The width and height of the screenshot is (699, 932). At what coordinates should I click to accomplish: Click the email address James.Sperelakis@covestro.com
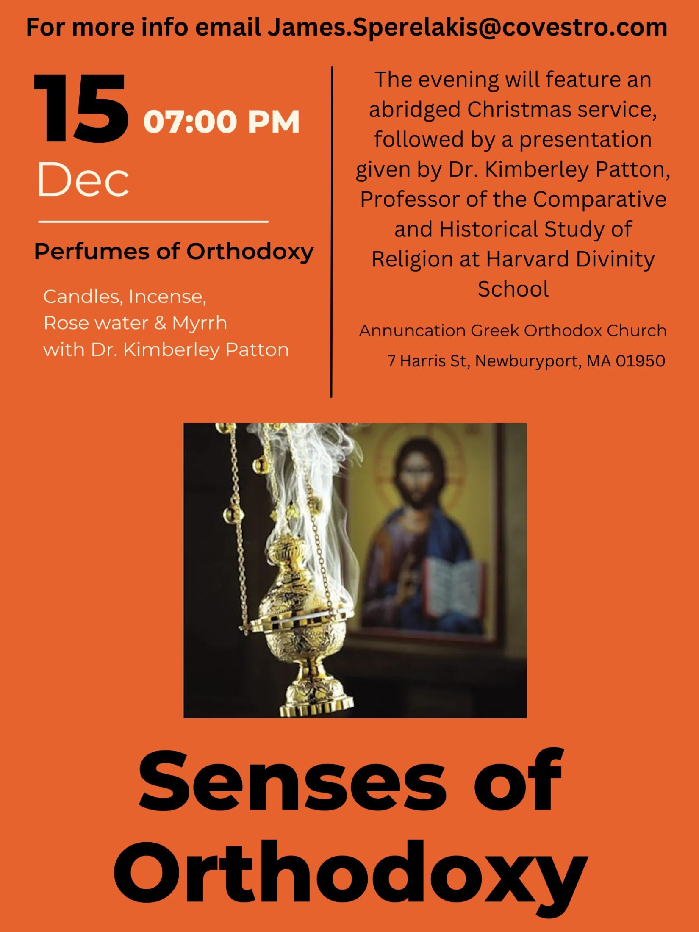pyautogui.click(x=467, y=28)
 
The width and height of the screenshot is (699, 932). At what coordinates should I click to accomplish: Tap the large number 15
pyautogui.click(x=81, y=108)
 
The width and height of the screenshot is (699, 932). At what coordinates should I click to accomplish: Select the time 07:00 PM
pyautogui.click(x=222, y=122)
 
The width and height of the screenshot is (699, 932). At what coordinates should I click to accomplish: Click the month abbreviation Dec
pyautogui.click(x=83, y=179)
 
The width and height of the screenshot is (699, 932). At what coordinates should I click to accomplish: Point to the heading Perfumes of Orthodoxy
pyautogui.click(x=174, y=252)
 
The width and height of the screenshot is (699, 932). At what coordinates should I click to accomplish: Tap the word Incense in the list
pyautogui.click(x=167, y=297)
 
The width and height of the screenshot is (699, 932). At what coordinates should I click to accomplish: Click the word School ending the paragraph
pyautogui.click(x=513, y=289)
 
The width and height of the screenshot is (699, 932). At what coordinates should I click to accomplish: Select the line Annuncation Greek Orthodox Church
pyautogui.click(x=513, y=331)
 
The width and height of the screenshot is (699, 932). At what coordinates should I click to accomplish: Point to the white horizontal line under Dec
pyautogui.click(x=153, y=222)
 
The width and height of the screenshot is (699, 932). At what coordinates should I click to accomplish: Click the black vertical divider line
pyautogui.click(x=332, y=232)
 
